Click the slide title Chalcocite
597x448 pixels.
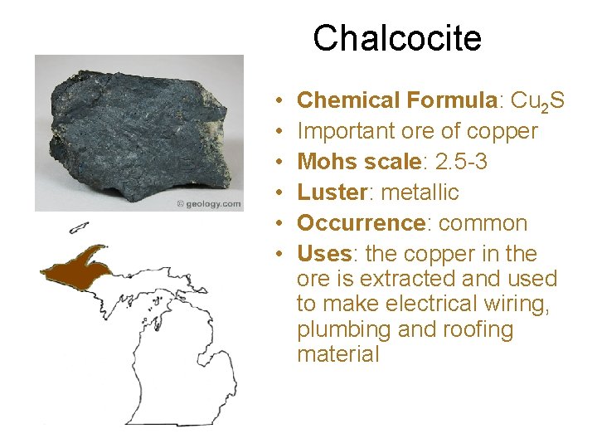(x=396, y=38)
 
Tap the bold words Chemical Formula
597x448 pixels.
(x=396, y=100)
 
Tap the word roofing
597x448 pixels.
(x=476, y=329)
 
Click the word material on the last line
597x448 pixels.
(x=337, y=354)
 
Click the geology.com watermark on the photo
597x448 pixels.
(x=208, y=204)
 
